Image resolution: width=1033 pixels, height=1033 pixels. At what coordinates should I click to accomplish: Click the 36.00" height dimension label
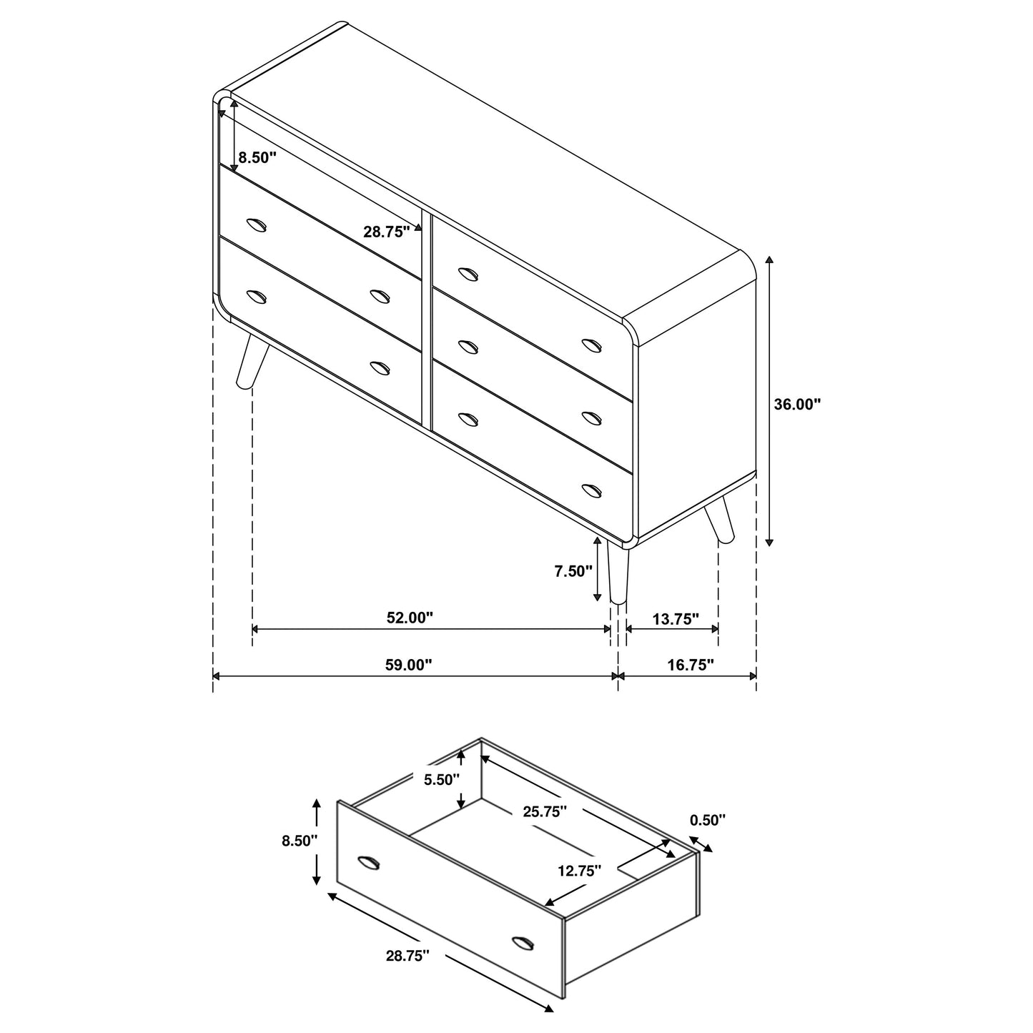(x=797, y=404)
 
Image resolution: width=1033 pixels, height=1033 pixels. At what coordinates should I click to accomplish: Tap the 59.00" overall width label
(x=409, y=665)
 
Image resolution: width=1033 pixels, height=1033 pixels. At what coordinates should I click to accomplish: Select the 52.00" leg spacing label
(x=410, y=618)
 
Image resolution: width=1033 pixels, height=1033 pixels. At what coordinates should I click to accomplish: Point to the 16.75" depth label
(x=691, y=665)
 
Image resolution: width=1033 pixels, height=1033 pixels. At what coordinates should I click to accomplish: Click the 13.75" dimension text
(x=676, y=619)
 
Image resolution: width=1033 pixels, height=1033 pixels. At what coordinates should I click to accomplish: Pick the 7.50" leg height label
(x=573, y=571)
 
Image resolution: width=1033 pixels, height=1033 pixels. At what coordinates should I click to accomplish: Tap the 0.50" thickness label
(x=708, y=820)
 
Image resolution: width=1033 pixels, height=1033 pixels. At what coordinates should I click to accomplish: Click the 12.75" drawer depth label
(x=579, y=870)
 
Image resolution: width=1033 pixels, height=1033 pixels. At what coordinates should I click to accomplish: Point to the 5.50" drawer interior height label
(x=442, y=779)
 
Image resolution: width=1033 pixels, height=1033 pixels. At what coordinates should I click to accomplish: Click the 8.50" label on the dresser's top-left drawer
(x=257, y=157)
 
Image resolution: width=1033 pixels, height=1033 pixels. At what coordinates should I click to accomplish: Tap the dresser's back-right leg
(x=718, y=523)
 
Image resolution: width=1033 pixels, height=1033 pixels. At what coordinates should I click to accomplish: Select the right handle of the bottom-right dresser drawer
(x=592, y=490)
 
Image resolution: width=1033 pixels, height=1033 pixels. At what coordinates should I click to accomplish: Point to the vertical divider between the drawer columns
(x=427, y=322)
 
